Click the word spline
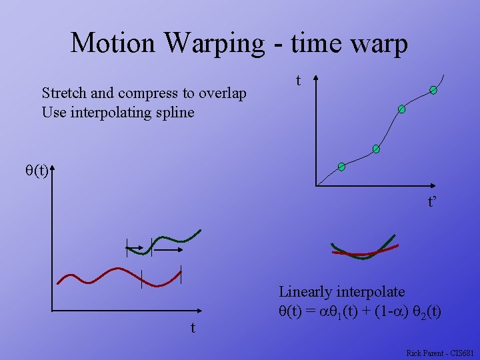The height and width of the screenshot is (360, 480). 175,112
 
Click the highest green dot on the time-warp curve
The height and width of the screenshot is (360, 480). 433,90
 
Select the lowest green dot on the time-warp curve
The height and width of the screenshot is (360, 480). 341,166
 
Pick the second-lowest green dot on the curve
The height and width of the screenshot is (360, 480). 376,149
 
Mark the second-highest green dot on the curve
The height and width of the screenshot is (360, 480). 402,109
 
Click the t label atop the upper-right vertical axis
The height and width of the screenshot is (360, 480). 298,81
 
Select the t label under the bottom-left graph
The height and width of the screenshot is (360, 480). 193,327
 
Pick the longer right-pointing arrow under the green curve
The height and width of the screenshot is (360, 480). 169,249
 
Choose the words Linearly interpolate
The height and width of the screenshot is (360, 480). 341,291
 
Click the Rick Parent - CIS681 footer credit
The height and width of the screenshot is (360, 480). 439,353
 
